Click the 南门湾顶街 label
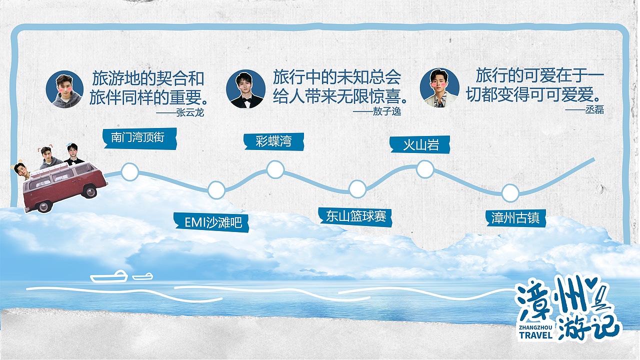[x=138, y=137]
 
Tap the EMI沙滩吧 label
[x=213, y=222]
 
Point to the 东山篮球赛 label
[x=355, y=216]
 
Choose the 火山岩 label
[x=420, y=145]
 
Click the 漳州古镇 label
[x=515, y=218]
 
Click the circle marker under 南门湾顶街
[x=130, y=172]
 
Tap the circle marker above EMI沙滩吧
[x=216, y=189]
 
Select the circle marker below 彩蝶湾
[x=275, y=169]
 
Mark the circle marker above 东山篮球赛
[x=357, y=189]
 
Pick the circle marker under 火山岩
[x=425, y=169]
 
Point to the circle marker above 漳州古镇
[x=510, y=193]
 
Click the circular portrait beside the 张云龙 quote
[x=64, y=89]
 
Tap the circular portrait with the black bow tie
[x=245, y=89]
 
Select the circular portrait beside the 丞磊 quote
[x=439, y=87]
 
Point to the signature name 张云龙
[x=190, y=112]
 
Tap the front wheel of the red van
[x=90, y=191]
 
